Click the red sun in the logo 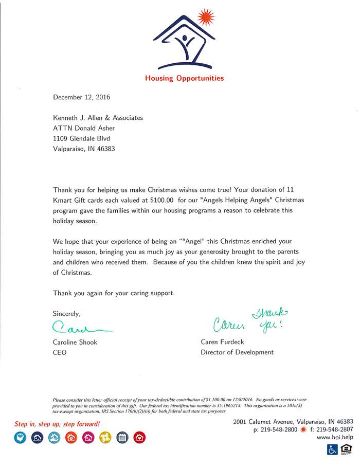[206, 17]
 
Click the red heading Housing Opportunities [184, 79]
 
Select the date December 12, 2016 [82, 97]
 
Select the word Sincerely [67, 313]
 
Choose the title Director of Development [237, 352]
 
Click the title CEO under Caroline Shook [60, 352]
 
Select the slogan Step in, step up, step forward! [57, 424]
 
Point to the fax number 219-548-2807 [335, 429]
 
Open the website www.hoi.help [335, 437]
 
